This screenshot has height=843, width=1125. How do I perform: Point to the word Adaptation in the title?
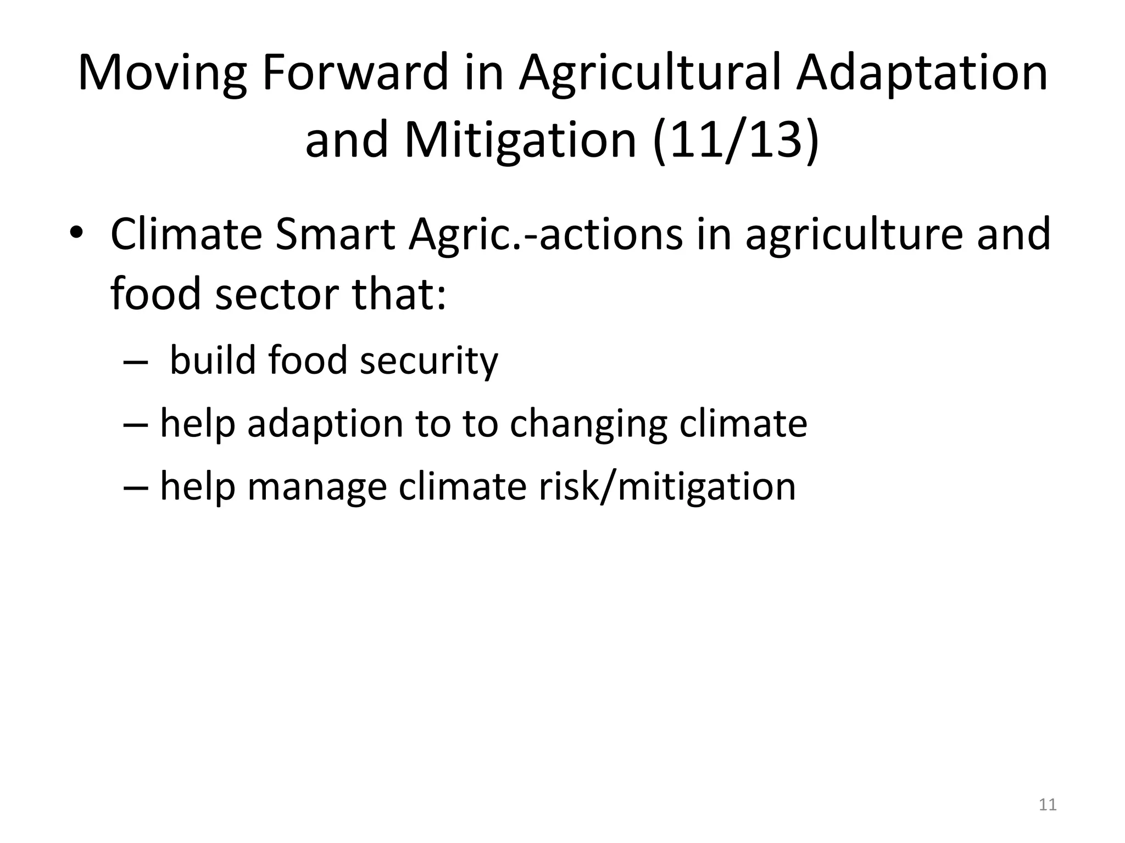click(x=922, y=74)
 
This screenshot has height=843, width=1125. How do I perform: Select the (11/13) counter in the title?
click(x=736, y=140)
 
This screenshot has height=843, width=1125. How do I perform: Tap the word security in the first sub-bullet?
click(x=428, y=362)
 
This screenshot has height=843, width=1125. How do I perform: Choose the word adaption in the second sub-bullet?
click(x=325, y=424)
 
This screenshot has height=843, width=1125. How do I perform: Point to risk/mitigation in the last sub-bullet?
click(x=667, y=486)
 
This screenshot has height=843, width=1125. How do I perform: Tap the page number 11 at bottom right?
click(x=1048, y=805)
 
